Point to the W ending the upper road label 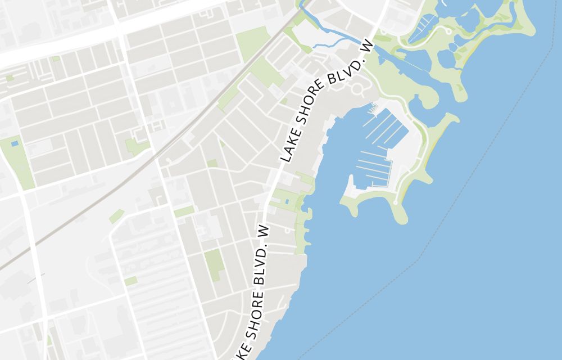[369, 48]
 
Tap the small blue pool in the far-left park [14, 144]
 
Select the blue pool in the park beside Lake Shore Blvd [286, 201]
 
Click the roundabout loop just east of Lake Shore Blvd [357, 89]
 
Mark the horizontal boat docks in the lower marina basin [373, 168]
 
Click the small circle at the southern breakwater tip [396, 202]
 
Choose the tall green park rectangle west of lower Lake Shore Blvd [214, 264]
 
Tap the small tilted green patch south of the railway [116, 216]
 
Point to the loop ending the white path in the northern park [448, 31]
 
